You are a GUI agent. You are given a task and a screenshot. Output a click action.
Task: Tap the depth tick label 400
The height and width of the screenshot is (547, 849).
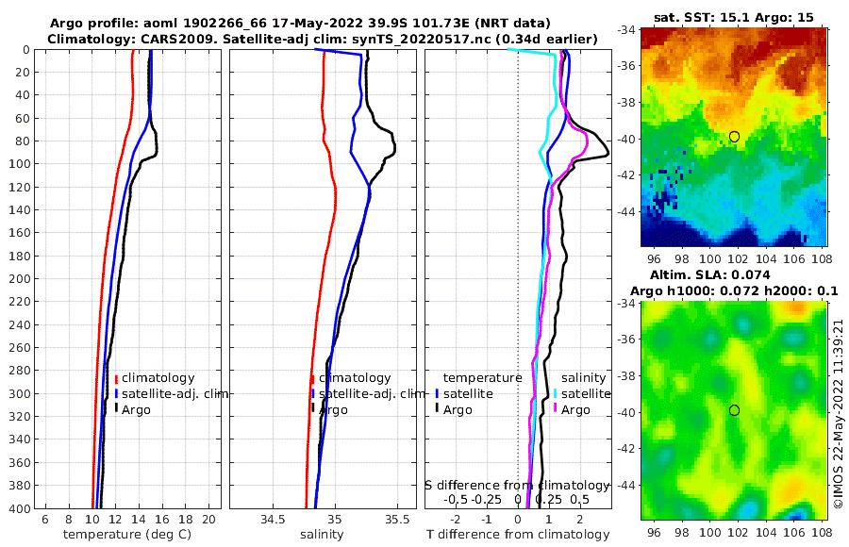pyautogui.click(x=18, y=508)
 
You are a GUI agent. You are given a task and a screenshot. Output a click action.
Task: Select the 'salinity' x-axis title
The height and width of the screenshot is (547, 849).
pyautogui.click(x=322, y=535)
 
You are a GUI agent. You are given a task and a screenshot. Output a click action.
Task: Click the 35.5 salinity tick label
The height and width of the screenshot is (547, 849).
pyautogui.click(x=396, y=520)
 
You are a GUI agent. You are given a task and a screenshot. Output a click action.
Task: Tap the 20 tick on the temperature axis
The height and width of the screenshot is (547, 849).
pyautogui.click(x=208, y=520)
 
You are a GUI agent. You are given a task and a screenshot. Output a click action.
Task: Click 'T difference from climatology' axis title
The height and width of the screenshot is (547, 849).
pyautogui.click(x=518, y=535)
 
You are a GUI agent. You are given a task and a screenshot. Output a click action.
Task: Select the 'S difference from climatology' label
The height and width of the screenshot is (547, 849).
pyautogui.click(x=517, y=485)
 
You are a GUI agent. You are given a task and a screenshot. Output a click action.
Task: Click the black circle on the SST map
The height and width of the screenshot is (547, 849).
pyautogui.click(x=734, y=137)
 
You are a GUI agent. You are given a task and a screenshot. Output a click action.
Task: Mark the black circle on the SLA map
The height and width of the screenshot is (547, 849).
pyautogui.click(x=734, y=410)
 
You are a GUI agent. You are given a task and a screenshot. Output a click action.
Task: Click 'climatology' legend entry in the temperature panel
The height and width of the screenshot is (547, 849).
pyautogui.click(x=158, y=378)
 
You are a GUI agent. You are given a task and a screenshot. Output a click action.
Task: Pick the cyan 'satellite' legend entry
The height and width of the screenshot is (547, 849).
pyautogui.click(x=588, y=393)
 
